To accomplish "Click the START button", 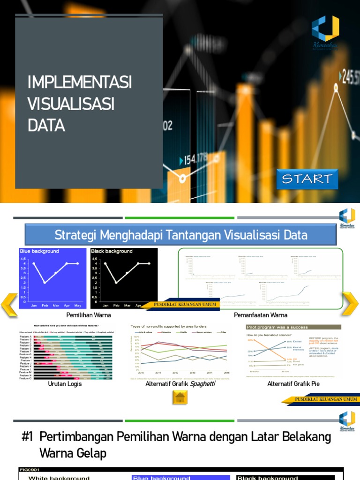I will (x=307, y=179).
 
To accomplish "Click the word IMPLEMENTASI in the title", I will (x=80, y=83).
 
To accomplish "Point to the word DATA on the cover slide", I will (x=46, y=126).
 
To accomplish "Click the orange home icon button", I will (x=180, y=398).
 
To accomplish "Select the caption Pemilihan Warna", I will (x=89, y=315).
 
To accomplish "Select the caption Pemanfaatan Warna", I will (x=261, y=315).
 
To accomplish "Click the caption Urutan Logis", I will (x=65, y=384).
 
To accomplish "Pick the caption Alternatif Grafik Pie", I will (x=293, y=384).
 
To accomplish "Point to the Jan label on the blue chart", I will (x=34, y=305).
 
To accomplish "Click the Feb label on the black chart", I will (x=116, y=305).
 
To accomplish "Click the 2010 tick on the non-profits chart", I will (x=141, y=372).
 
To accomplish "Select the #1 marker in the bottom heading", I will (x=27, y=437).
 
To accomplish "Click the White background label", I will (x=59, y=478).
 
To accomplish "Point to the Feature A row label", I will (x=25, y=337).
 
